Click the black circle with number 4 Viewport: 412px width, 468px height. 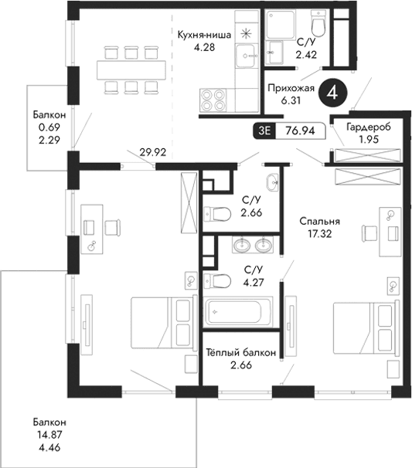332,92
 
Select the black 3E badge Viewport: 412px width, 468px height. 266,131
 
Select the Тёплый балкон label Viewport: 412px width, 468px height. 241,352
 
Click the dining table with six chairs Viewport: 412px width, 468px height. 131,69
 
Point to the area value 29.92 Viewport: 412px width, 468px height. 153,152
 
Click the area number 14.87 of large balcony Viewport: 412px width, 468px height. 49,435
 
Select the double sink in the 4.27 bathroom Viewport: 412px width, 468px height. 253,246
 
